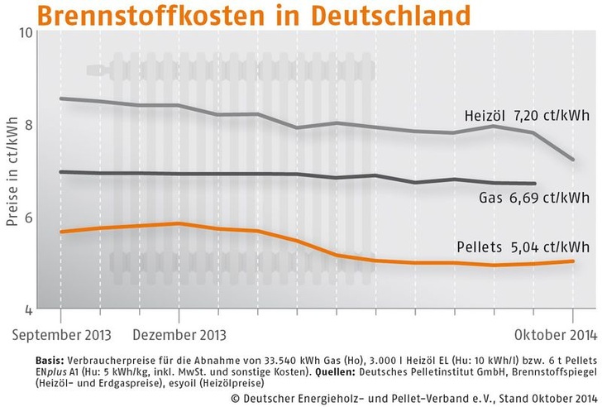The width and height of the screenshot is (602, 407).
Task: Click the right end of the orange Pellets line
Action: pyautogui.click(x=574, y=261)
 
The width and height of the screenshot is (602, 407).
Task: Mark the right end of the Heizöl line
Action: pyautogui.click(x=574, y=160)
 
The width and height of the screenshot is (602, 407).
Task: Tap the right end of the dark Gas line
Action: pyautogui.click(x=536, y=184)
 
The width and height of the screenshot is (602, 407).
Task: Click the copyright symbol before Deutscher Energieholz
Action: pyautogui.click(x=236, y=396)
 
